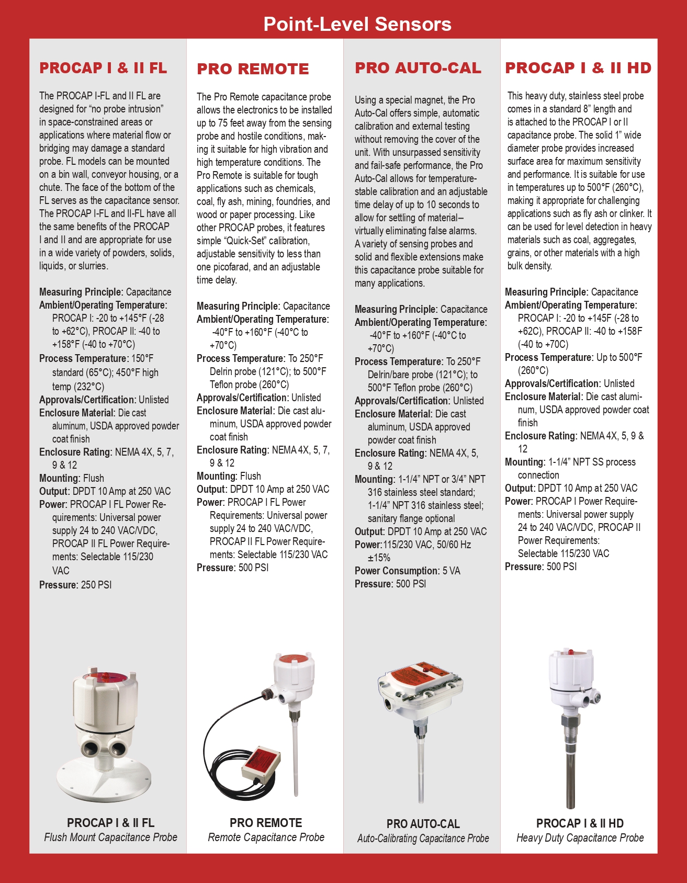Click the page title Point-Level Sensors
357,24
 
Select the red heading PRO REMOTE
253,69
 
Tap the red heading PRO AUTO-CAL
418,68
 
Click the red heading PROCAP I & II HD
578,68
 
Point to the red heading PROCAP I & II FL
103,68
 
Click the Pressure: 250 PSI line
75,585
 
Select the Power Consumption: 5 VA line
407,571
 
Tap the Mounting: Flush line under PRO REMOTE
229,476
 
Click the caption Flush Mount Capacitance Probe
110,837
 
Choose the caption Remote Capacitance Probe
266,837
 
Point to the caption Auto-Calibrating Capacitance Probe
423,839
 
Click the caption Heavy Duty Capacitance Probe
580,838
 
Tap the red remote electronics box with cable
260,762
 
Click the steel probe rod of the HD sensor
570,769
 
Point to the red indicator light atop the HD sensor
570,653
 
